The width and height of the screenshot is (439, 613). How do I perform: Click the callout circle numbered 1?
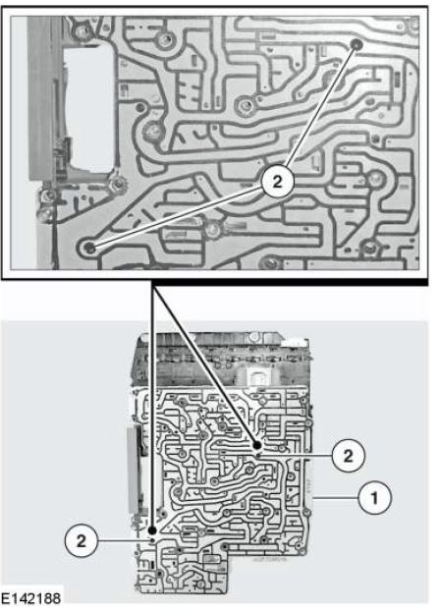pos(374,498)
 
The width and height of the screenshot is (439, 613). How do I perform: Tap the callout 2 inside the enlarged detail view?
pos(277,182)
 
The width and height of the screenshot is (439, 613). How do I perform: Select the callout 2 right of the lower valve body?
pos(348,456)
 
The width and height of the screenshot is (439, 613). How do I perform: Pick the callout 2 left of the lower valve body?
pos(81,541)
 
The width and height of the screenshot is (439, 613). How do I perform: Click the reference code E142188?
pos(30,598)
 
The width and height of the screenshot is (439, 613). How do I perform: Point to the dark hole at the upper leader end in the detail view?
pos(357,44)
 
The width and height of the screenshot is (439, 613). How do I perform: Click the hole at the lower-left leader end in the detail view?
pos(90,248)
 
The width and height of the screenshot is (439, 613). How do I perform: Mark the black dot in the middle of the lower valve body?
pos(257,445)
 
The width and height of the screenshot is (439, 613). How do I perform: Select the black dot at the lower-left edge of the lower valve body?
pos(152,530)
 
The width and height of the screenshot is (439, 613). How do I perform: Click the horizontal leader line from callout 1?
pos(336,498)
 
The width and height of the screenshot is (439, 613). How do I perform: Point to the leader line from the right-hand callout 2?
pos(296,456)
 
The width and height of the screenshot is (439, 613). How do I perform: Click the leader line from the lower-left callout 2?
pos(125,541)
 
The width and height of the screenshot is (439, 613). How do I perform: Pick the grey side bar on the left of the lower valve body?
pos(134,470)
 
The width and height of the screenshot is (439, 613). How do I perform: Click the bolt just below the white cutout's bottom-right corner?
pos(117,184)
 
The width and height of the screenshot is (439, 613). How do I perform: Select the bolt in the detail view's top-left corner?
pos(81,29)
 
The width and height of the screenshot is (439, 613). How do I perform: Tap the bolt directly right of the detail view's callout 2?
pos(374,179)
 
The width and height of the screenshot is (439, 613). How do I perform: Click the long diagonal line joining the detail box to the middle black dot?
pos(204,363)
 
